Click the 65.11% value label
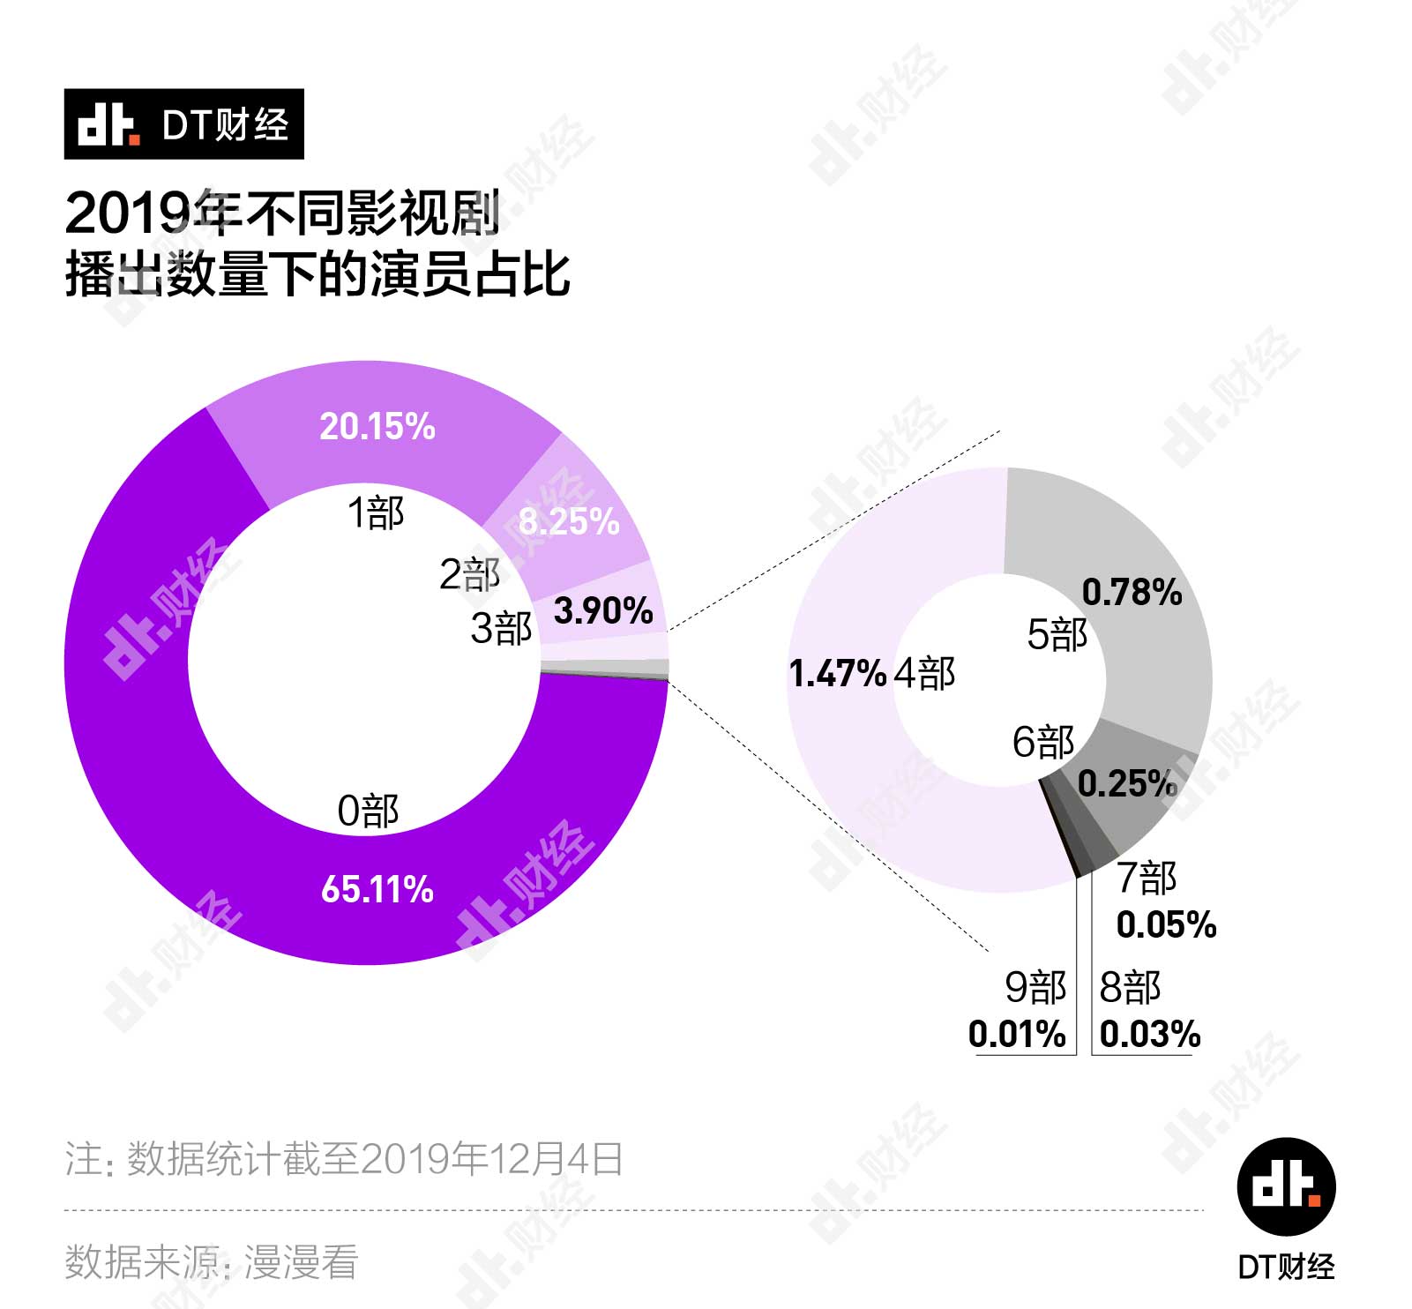377,889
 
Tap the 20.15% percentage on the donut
377,427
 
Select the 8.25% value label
569,522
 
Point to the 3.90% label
603,610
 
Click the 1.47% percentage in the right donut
837,674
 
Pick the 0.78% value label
1132,593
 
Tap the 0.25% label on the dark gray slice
1127,783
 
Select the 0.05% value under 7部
1166,925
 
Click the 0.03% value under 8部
1150,1034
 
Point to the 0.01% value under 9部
1017,1034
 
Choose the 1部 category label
376,512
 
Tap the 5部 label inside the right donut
1057,634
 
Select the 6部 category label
1042,742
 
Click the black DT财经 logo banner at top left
183,124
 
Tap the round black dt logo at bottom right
1286,1186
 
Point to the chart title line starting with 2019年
282,213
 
